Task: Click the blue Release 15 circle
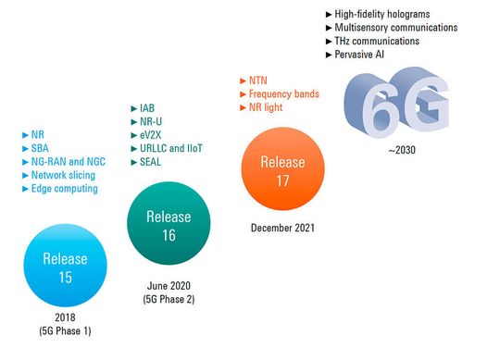65,267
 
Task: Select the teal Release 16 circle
169,225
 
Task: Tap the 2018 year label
65,317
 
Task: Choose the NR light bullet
268,108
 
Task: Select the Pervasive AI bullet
362,56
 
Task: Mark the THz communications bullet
377,42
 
